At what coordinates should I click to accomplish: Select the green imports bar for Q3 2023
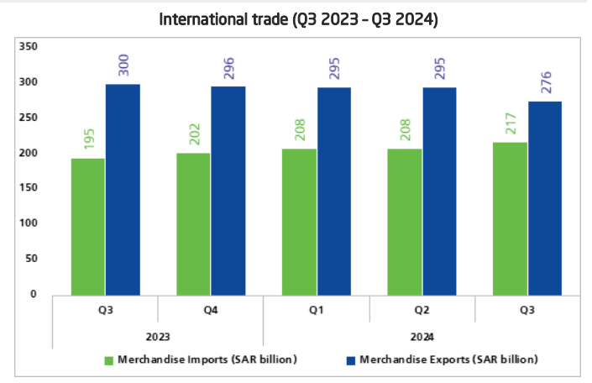tap(88, 227)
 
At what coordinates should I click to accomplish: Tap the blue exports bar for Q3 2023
tap(123, 189)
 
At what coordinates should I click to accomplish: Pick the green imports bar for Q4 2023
tap(193, 223)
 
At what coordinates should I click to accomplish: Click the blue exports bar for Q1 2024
tap(333, 191)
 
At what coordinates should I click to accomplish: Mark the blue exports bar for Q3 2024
tap(545, 198)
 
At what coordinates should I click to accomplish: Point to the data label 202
tap(194, 135)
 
